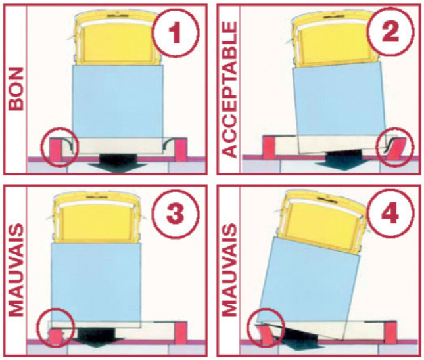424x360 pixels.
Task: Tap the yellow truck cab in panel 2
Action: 329,41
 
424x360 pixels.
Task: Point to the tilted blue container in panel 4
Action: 309,282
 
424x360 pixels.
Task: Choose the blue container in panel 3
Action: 97,282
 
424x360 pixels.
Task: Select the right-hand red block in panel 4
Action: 393,333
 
